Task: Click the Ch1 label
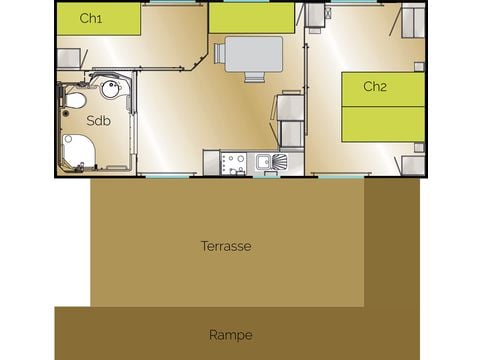click(91, 17)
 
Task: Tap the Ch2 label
click(375, 87)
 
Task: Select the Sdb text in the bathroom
click(98, 120)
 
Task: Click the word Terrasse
click(225, 246)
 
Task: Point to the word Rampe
click(230, 335)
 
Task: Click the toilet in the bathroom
click(74, 100)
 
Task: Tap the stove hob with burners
click(237, 162)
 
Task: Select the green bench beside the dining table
click(252, 17)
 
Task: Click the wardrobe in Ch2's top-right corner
click(413, 20)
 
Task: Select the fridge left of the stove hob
click(212, 162)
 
